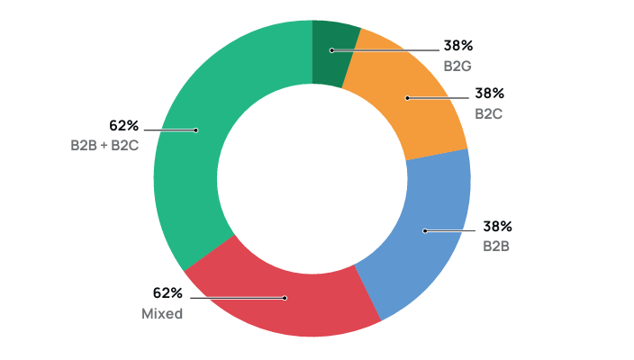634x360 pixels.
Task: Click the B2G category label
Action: pyautogui.click(x=457, y=66)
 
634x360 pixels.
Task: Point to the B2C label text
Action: pyautogui.click(x=489, y=113)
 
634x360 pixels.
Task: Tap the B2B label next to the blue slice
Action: pyautogui.click(x=496, y=246)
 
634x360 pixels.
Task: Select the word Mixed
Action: pyautogui.click(x=162, y=314)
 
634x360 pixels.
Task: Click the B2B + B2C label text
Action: pyautogui.click(x=104, y=145)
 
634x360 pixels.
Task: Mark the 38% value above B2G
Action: pyautogui.click(x=458, y=45)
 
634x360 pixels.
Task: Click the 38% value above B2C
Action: pyautogui.click(x=489, y=93)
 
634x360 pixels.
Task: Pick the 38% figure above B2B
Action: pyautogui.click(x=497, y=226)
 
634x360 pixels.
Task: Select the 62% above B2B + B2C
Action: pyautogui.click(x=123, y=125)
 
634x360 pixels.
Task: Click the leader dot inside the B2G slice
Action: pyautogui.click(x=331, y=50)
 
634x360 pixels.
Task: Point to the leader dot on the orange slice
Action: pyautogui.click(x=406, y=98)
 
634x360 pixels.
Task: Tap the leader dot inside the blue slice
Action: pyautogui.click(x=425, y=231)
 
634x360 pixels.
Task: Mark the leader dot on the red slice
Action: pyautogui.click(x=285, y=297)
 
